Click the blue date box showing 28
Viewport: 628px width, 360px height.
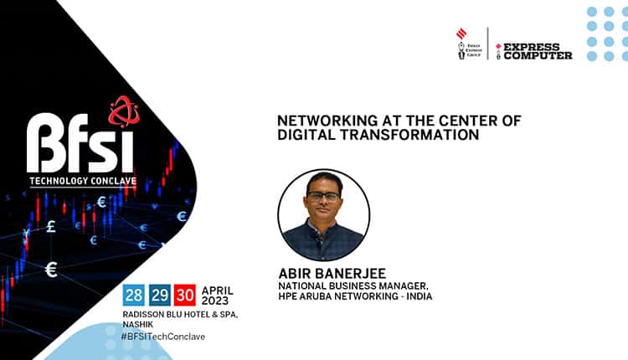[x=134, y=296]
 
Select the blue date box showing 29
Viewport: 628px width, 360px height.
[x=159, y=296]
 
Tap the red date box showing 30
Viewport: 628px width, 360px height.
[x=184, y=296]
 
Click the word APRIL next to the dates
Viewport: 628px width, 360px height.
[x=217, y=290]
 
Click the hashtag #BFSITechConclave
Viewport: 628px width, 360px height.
[x=164, y=337]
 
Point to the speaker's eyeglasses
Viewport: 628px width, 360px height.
[x=323, y=197]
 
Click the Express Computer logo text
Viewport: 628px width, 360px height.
[x=537, y=51]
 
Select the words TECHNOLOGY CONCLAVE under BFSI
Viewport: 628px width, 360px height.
[x=81, y=180]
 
